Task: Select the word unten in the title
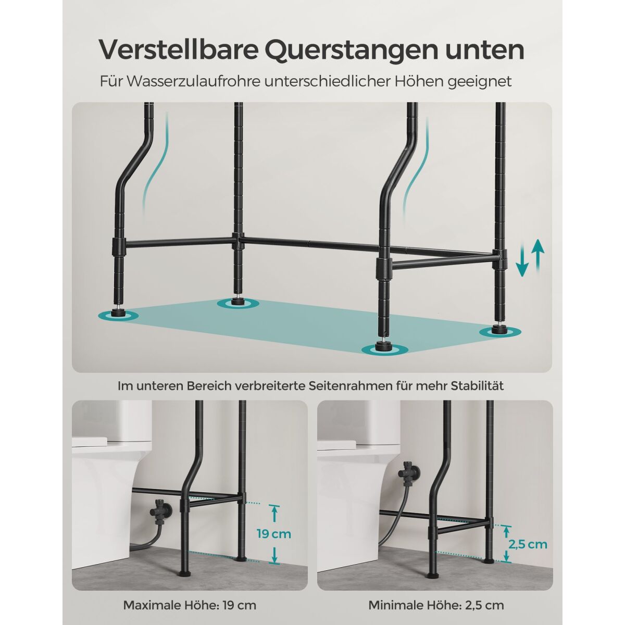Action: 488,51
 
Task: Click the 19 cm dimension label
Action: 274,533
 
